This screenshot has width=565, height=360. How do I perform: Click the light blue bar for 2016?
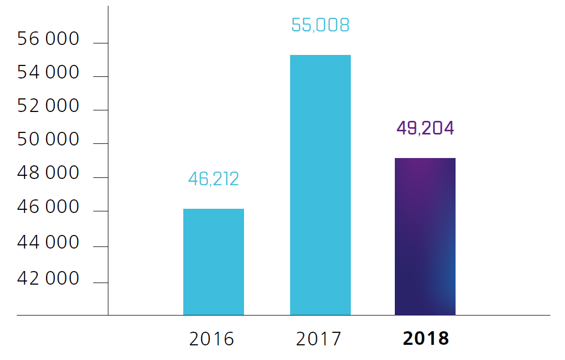tap(214, 262)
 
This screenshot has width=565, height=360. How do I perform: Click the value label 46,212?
tap(214, 179)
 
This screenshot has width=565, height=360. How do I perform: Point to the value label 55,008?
tap(320, 25)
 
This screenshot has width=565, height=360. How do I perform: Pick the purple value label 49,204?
tap(425, 128)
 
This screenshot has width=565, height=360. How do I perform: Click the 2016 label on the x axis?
tap(212, 339)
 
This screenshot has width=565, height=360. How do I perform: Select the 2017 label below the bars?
tap(318, 339)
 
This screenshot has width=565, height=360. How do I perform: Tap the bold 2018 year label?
tap(426, 339)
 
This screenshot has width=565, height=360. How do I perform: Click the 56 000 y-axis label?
tap(48, 39)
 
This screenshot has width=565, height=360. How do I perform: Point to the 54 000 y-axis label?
tap(48, 73)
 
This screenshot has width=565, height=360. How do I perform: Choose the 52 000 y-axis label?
tap(48, 106)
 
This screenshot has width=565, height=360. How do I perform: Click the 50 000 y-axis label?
tap(48, 140)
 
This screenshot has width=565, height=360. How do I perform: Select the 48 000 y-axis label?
tap(48, 173)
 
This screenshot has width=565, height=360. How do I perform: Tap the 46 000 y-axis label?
tap(48, 208)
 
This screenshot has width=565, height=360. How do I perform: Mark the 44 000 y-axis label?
tap(48, 243)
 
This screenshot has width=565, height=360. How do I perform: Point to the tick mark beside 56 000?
tap(101, 43)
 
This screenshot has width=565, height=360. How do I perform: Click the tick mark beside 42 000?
tap(101, 283)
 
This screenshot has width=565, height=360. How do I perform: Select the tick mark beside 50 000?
tap(101, 143)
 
